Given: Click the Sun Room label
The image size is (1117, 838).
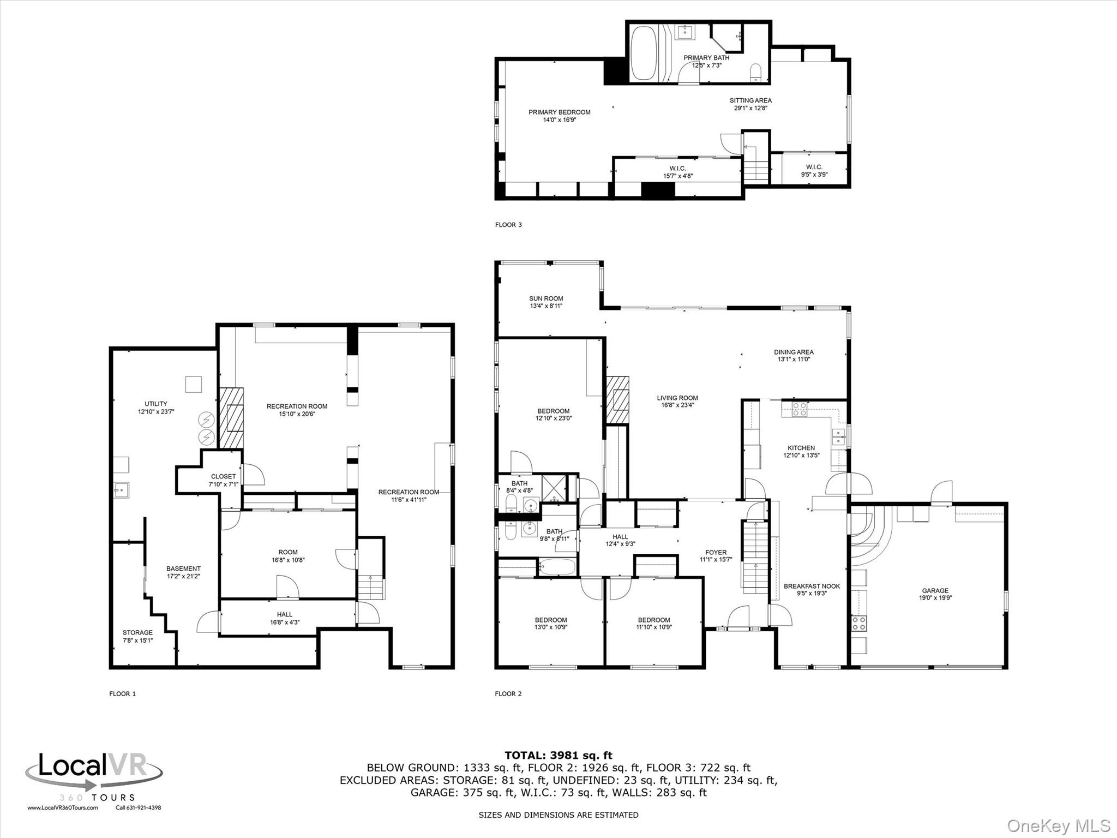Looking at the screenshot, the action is [546, 298].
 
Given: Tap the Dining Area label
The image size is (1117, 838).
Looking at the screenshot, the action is [794, 352].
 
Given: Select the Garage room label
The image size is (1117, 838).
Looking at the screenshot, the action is [935, 590].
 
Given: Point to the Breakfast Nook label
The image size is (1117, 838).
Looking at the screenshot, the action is [812, 586].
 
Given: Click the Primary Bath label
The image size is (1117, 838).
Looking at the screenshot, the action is [706, 57].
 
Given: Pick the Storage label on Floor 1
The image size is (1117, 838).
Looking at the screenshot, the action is [137, 632].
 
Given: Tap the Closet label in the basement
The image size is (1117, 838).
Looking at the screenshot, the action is [224, 476].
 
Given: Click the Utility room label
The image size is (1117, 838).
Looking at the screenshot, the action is [156, 404].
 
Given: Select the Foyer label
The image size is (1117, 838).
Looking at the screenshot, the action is [716, 552].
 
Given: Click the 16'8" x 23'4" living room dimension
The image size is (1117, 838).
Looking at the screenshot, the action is [677, 405].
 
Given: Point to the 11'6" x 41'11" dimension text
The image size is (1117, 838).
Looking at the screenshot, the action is [409, 499].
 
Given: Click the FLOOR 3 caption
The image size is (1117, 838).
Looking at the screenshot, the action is [508, 225].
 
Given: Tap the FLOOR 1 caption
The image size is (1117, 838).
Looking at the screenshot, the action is [123, 693].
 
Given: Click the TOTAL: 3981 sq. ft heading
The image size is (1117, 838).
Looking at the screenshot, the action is [558, 755].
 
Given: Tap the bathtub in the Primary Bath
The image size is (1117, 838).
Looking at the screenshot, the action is [644, 54].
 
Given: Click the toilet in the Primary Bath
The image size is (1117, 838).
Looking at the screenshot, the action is [756, 73].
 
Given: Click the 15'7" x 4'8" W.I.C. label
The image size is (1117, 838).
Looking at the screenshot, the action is [678, 176].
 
